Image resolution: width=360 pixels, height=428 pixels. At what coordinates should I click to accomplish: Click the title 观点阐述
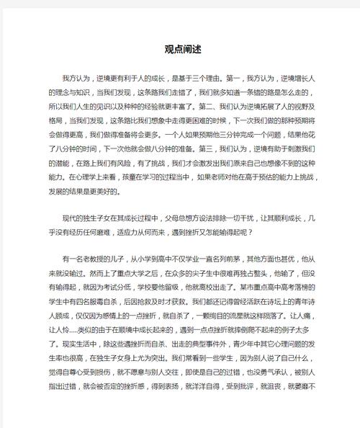click(180, 50)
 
